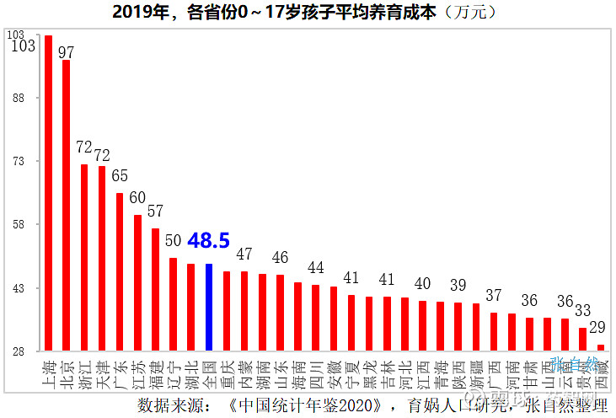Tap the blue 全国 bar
coord(209,307)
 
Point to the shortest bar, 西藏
coord(600,346)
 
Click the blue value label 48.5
coord(208,241)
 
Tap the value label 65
coord(120,175)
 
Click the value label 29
coord(597,326)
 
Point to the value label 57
coord(155,211)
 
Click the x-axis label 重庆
coord(227,372)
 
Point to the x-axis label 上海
coord(48,372)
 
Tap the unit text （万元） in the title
coord(467,13)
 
